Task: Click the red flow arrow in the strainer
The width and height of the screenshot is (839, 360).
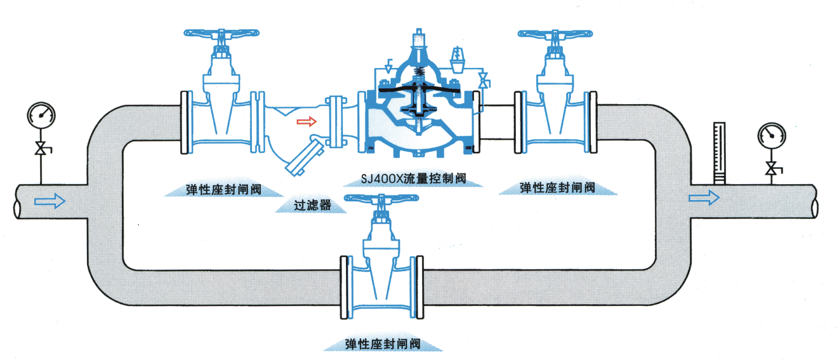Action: tap(307, 121)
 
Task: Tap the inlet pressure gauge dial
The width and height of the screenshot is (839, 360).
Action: tap(41, 116)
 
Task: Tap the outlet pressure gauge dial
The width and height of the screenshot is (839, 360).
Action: tap(772, 135)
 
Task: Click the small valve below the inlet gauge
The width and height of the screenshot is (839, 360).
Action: tap(42, 150)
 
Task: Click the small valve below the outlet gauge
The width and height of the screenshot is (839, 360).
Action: tap(772, 170)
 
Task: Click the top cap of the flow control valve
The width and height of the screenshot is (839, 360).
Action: tap(418, 37)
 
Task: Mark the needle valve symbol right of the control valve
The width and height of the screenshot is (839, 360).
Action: tap(483, 81)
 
